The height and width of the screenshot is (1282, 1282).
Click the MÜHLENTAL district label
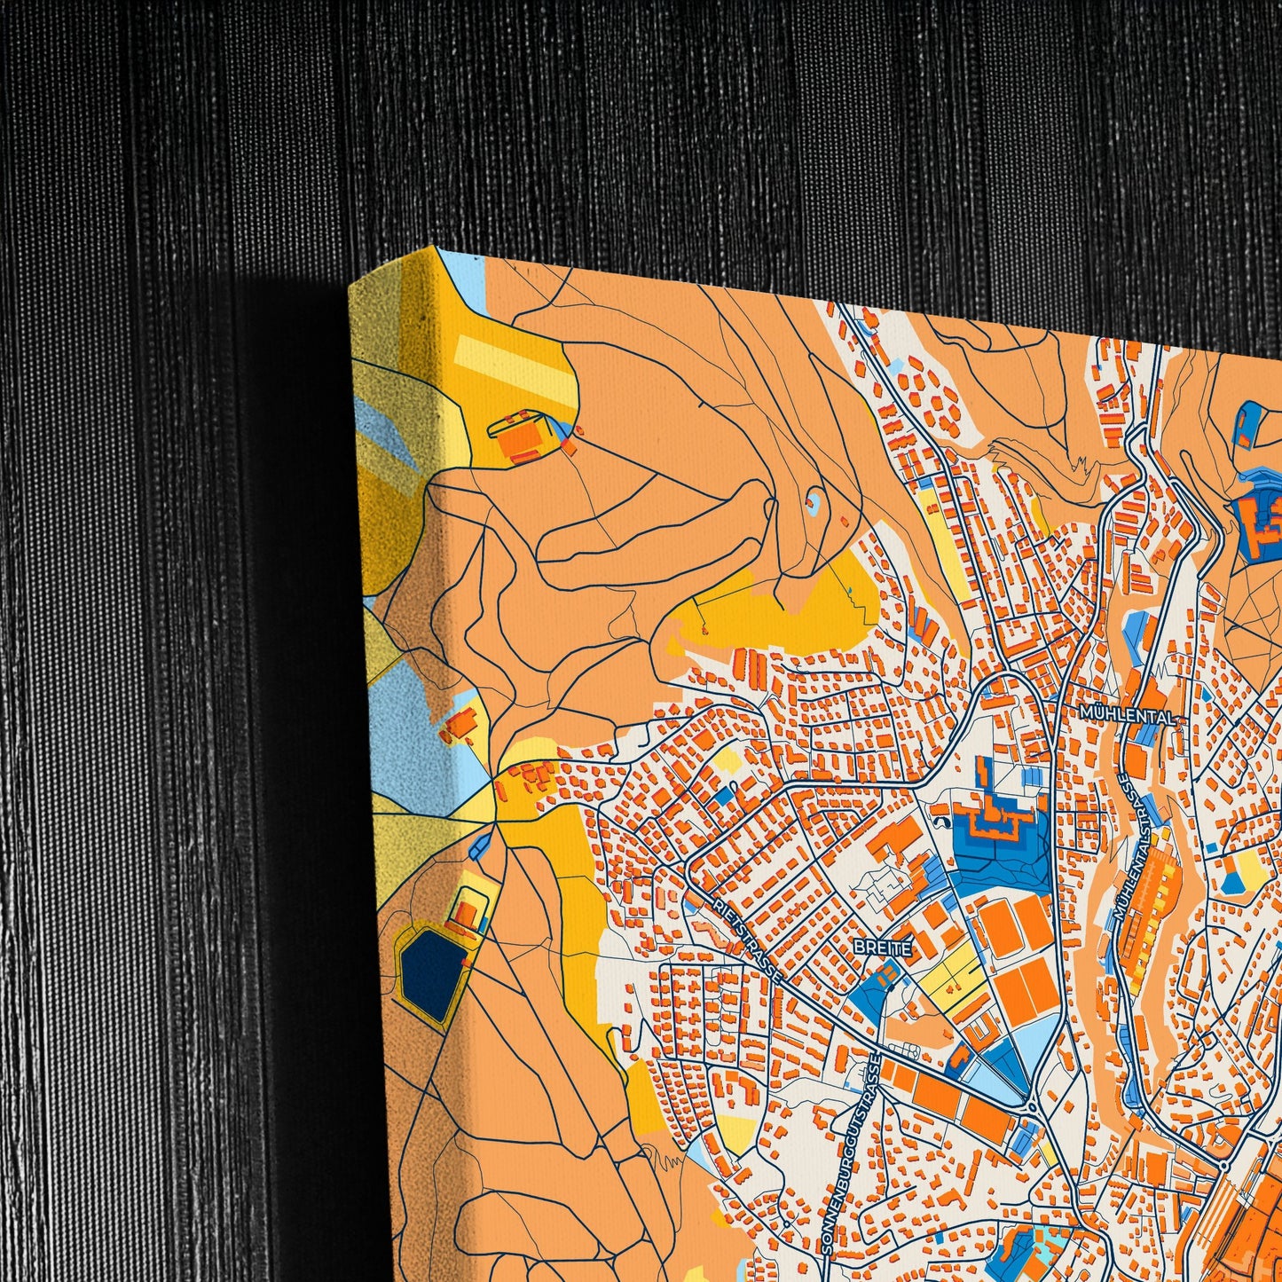click(1127, 714)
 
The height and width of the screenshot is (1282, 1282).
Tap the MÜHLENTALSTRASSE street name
click(1136, 847)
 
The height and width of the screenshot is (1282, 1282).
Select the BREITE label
click(883, 948)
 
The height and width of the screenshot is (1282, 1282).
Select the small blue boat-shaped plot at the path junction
click(482, 845)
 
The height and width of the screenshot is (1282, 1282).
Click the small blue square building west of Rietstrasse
click(724, 795)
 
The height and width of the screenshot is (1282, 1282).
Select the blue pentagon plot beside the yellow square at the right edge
click(1233, 882)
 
